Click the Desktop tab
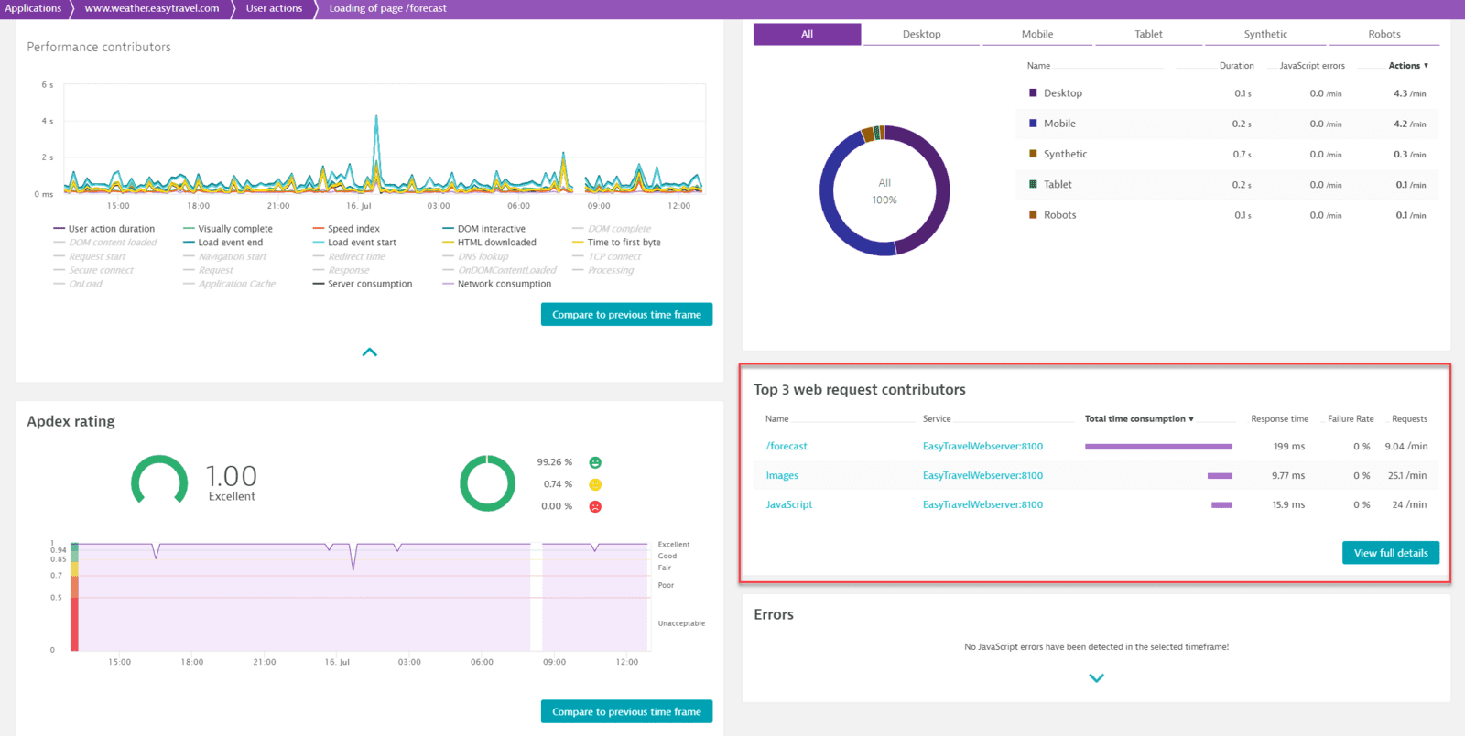[x=921, y=34]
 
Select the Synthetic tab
[x=1265, y=34]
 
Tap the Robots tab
[x=1384, y=34]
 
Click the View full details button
[x=1390, y=553]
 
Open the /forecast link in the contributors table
[x=787, y=447]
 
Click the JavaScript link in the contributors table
[x=789, y=504]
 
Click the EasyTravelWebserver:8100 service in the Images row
[x=982, y=476]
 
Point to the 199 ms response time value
[x=1288, y=447]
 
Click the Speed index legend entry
[x=353, y=229]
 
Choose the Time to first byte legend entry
[x=624, y=243]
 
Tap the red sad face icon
[x=595, y=506]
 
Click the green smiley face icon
[x=595, y=462]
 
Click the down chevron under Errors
[x=1096, y=678]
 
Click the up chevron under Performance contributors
[x=370, y=352]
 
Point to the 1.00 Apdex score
[x=231, y=476]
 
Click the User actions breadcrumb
[x=274, y=8]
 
